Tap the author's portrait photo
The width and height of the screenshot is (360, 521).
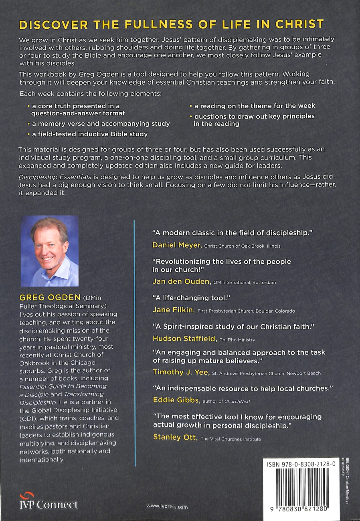[x=49, y=251]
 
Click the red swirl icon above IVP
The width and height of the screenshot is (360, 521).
[x=25, y=495]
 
